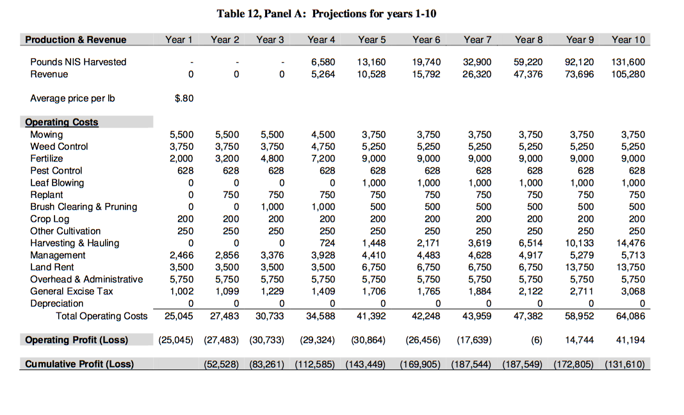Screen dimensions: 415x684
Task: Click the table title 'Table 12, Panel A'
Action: coord(327,13)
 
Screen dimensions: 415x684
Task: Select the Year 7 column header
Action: coord(477,40)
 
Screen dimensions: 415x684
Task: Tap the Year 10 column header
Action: coord(628,40)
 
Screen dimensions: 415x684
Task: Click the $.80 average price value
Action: coord(184,99)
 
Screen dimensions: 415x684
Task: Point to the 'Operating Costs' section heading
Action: coord(61,122)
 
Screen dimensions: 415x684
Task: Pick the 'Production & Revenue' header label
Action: coord(76,40)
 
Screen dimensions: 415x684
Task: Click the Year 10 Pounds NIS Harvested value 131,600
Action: coord(628,62)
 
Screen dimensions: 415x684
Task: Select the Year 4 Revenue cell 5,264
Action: coord(323,74)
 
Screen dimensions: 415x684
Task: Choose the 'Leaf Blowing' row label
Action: coord(57,183)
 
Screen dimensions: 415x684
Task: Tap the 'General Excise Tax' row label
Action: coord(72,291)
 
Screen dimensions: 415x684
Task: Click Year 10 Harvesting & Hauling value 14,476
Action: coord(631,243)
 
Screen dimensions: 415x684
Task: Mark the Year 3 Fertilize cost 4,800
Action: coord(272,159)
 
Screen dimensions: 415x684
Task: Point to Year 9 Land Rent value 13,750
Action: coord(580,267)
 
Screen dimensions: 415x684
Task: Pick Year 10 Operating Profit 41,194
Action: coord(631,339)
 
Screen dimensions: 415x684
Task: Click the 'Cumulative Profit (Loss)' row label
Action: coord(79,364)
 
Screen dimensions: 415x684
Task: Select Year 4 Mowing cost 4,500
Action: coord(323,134)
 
